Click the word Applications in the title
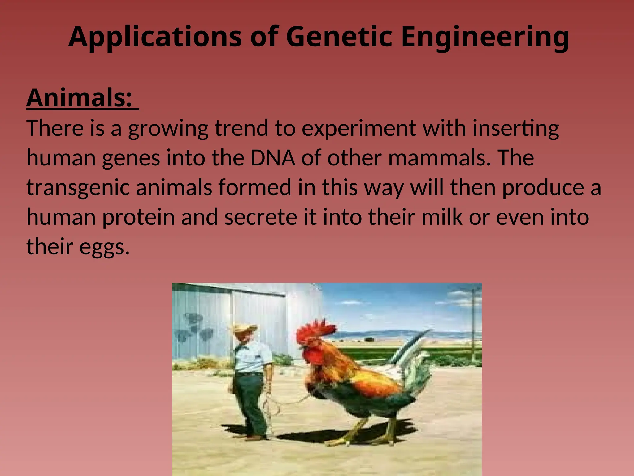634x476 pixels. tap(155, 37)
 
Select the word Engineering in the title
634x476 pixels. tap(485, 37)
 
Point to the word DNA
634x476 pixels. tap(272, 158)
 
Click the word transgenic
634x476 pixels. tap(78, 188)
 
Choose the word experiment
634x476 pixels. tap(359, 128)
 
